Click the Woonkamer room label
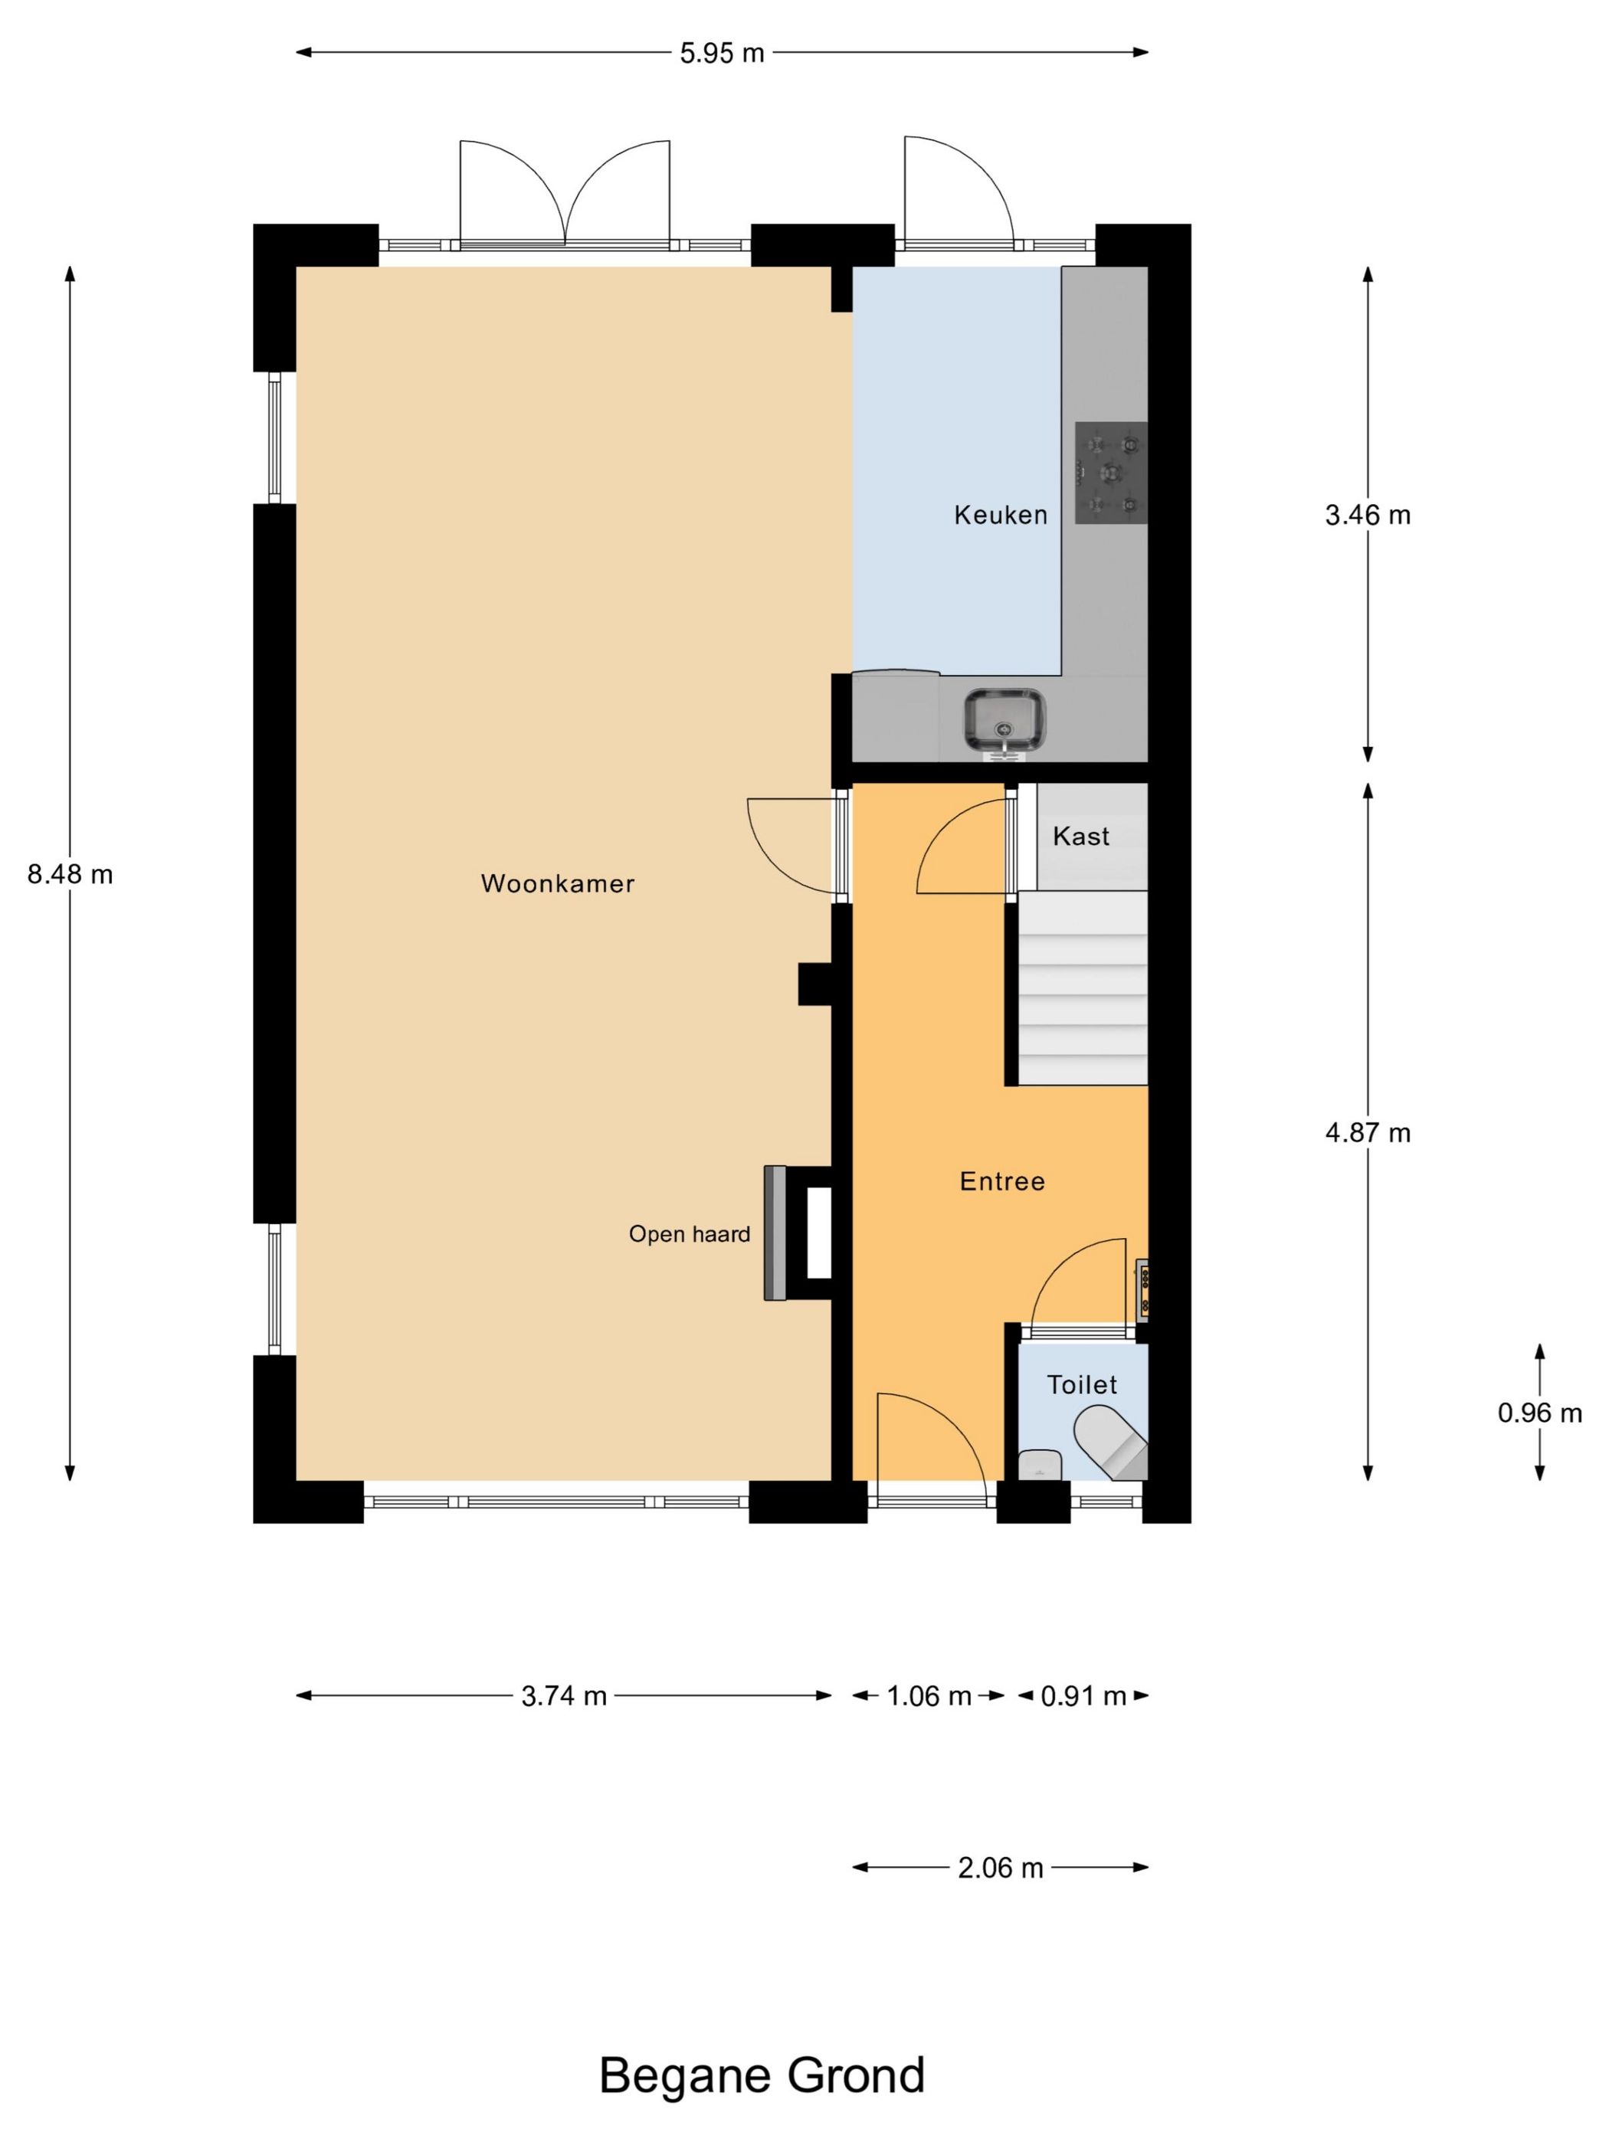(x=558, y=883)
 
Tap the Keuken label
(x=1001, y=515)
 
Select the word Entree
(x=1002, y=1181)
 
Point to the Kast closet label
(x=1081, y=836)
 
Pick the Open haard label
(x=690, y=1234)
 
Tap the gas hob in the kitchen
(x=1110, y=473)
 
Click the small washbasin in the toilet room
(x=1040, y=1466)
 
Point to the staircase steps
(x=1081, y=988)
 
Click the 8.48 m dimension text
(x=70, y=875)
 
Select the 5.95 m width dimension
(x=723, y=54)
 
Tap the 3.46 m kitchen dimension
(x=1368, y=515)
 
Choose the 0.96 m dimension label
(x=1540, y=1413)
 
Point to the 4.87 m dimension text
(x=1368, y=1132)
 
